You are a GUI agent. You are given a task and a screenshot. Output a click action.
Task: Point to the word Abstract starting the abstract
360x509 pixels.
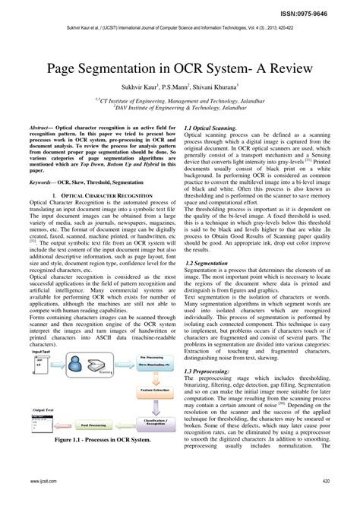tap(43, 129)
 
